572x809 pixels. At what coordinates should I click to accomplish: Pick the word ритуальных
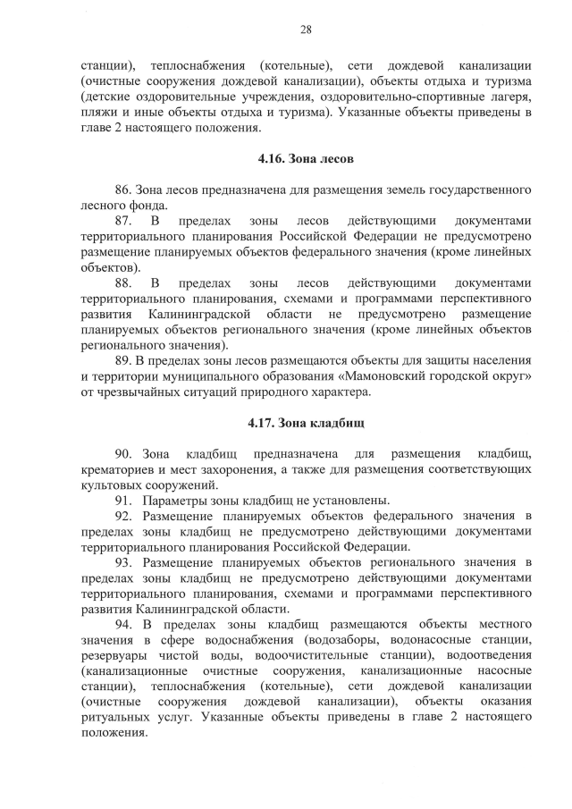pyautogui.click(x=113, y=717)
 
